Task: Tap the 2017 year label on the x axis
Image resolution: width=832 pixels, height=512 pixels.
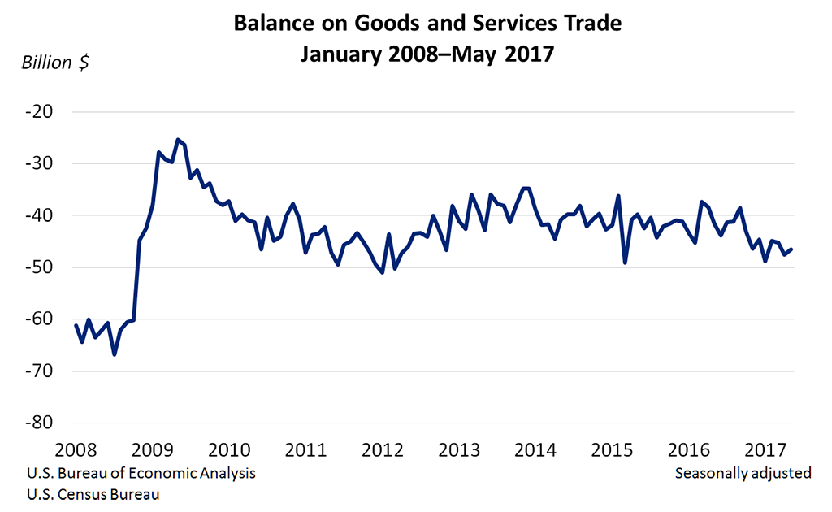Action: (x=765, y=449)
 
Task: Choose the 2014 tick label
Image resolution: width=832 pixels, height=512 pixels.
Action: (x=535, y=449)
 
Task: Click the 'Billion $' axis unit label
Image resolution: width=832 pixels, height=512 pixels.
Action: (x=55, y=63)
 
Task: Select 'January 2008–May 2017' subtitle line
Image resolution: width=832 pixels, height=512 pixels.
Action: (x=427, y=54)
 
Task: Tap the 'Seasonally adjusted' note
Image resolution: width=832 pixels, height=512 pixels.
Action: (x=743, y=473)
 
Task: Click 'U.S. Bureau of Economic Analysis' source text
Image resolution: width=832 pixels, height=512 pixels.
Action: (x=141, y=473)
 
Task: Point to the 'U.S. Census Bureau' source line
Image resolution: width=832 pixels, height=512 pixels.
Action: (x=93, y=493)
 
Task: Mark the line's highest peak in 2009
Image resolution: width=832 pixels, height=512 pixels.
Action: (x=178, y=140)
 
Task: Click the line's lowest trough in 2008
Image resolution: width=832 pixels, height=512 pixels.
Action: (x=115, y=354)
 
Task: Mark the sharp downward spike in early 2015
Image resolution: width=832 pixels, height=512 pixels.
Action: (x=625, y=262)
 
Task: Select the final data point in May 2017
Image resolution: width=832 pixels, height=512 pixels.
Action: (x=792, y=249)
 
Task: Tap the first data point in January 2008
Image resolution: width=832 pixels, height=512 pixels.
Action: (x=76, y=325)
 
